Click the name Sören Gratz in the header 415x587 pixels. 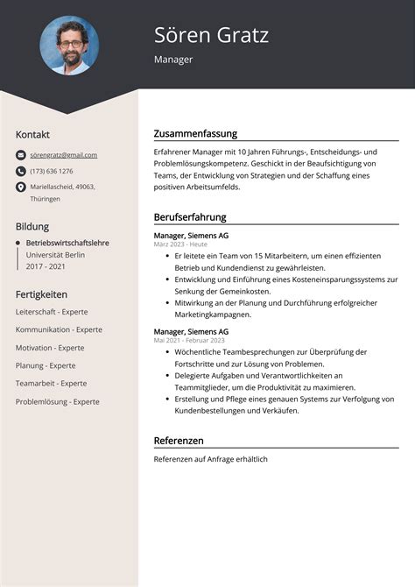[x=211, y=35]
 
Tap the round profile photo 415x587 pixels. [x=69, y=46]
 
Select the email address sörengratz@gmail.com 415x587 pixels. [x=63, y=155]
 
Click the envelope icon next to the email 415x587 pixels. [x=21, y=155]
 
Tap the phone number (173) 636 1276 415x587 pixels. [x=52, y=171]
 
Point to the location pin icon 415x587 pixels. [x=21, y=187]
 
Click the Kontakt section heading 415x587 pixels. [x=33, y=134]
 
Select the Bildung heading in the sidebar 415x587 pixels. [x=32, y=225]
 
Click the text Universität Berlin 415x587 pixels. [x=55, y=254]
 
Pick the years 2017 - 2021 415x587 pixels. [x=46, y=265]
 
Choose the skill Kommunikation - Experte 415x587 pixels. [x=59, y=329]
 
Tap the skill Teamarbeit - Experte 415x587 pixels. [x=51, y=383]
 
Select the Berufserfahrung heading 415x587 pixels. [x=190, y=216]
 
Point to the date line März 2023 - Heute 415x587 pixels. [x=180, y=244]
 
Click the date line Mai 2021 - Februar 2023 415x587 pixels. [x=190, y=340]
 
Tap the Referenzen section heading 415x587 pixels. [x=179, y=440]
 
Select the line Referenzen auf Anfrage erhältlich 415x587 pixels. [x=210, y=459]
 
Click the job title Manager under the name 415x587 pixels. [x=173, y=60]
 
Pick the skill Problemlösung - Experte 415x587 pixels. [x=58, y=401]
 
